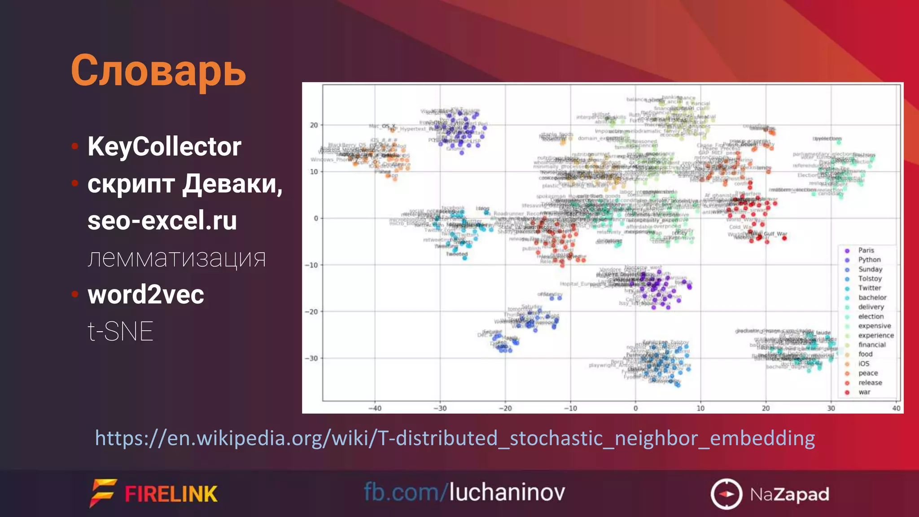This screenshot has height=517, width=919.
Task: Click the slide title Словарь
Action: click(x=158, y=70)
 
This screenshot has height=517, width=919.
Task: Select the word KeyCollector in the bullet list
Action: click(x=164, y=147)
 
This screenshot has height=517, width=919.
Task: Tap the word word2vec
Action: click(x=146, y=295)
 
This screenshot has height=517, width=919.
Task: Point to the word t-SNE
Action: click(x=120, y=332)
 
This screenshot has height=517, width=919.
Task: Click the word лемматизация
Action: click(x=177, y=258)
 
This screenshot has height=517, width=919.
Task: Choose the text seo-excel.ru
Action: click(x=162, y=221)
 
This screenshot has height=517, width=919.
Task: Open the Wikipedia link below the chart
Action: click(x=455, y=438)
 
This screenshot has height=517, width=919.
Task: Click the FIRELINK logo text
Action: click(x=171, y=494)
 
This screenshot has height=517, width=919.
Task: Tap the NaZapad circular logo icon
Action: click(x=726, y=494)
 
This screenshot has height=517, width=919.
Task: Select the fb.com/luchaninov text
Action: click(x=464, y=492)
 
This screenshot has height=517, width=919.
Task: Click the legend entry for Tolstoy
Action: click(x=870, y=279)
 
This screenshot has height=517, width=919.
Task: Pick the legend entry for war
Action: click(x=864, y=392)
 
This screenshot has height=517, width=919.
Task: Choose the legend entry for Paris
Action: click(x=866, y=250)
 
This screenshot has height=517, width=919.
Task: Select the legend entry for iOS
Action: click(x=864, y=364)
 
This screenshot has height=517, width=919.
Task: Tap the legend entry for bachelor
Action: click(x=872, y=298)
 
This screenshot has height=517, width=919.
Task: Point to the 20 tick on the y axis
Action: click(x=314, y=125)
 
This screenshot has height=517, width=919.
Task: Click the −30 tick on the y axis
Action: click(x=311, y=359)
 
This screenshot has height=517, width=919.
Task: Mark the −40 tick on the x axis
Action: click(x=375, y=408)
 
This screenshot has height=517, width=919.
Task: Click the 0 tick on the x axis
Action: click(x=635, y=408)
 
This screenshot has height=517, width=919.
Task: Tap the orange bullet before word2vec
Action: click(x=75, y=294)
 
